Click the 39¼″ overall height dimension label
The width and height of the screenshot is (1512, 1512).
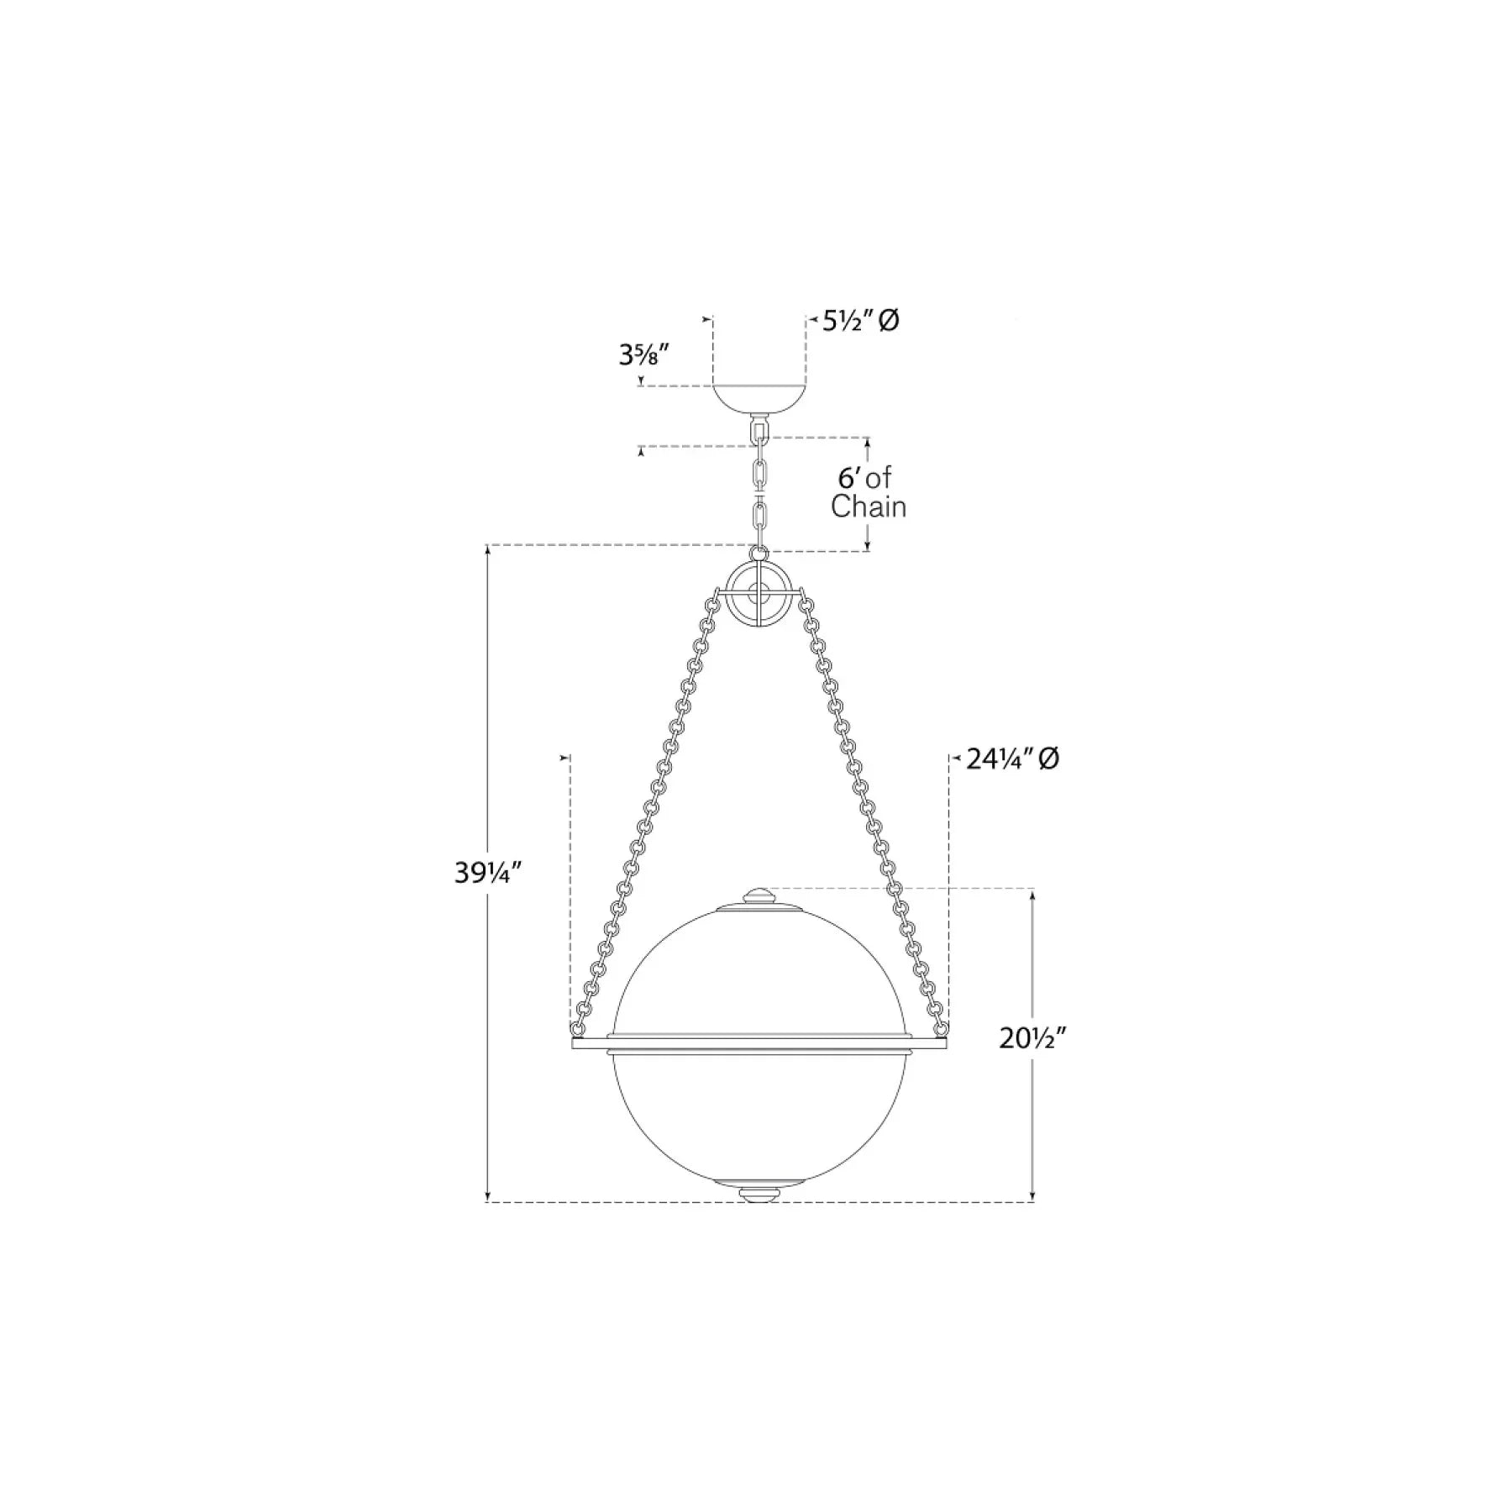[x=489, y=874]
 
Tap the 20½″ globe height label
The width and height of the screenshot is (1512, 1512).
[x=1032, y=1039]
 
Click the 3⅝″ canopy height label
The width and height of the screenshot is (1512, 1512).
[x=643, y=355]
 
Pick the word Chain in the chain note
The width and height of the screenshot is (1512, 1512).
[x=869, y=507]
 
